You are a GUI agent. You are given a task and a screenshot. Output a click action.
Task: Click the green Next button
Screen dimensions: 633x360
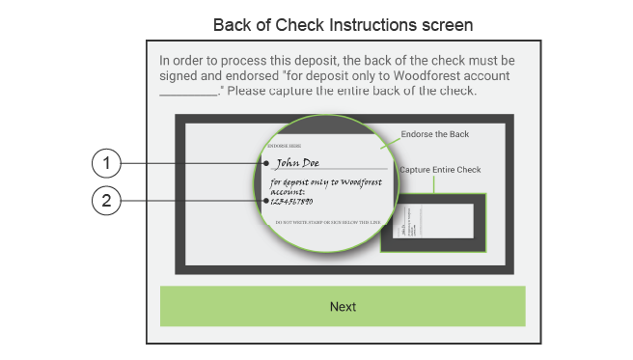coord(343,306)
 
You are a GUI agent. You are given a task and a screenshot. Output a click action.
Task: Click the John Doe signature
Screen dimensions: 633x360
coord(296,162)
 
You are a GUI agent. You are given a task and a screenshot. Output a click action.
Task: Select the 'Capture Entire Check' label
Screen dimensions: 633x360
coord(440,170)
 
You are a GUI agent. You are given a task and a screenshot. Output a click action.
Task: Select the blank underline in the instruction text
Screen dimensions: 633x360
coord(188,91)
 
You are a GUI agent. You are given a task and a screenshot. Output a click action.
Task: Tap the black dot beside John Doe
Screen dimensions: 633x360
coord(266,163)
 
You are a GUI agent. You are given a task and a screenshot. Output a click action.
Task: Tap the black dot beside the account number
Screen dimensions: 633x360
coord(266,201)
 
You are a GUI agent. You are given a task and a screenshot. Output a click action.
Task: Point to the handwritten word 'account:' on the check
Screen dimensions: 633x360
coord(289,191)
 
